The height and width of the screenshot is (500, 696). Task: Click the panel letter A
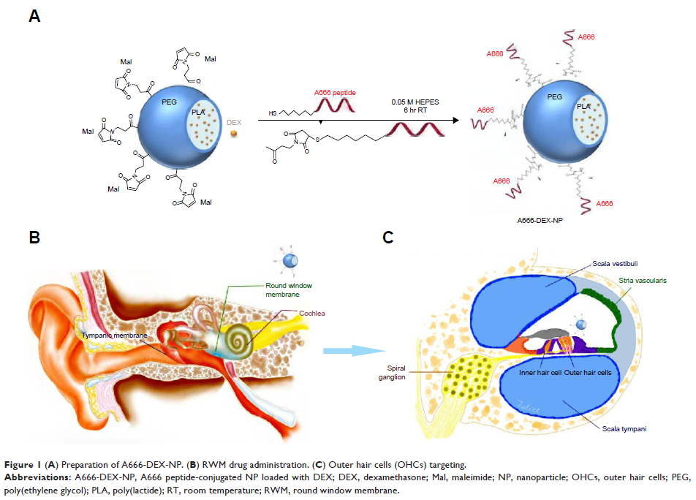(34, 15)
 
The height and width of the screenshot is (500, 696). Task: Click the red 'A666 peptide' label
(333, 94)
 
